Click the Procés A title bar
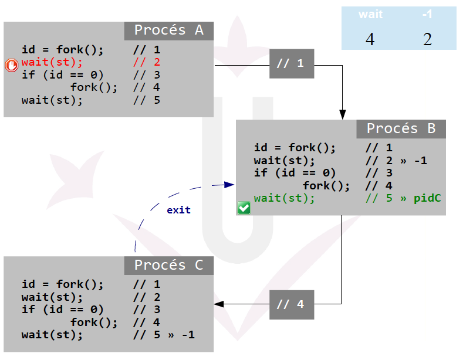tap(168, 30)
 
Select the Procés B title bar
tap(401, 129)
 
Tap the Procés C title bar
tap(168, 266)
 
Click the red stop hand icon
tap(12, 65)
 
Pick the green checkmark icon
tap(244, 208)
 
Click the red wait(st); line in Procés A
tap(52, 62)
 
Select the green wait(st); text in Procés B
tap(285, 198)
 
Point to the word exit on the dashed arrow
tap(178, 210)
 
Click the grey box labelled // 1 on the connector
tap(292, 63)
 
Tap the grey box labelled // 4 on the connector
tap(292, 305)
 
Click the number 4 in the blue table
tap(370, 39)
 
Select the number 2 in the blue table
tap(427, 39)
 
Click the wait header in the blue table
tap(370, 15)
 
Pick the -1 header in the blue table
tap(427, 15)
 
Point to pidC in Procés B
tap(427, 198)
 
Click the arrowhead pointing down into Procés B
tap(342, 115)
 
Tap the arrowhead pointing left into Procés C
tap(219, 304)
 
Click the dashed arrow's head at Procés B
tap(230, 185)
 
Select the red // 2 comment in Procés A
tap(146, 62)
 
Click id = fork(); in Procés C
tap(62, 285)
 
